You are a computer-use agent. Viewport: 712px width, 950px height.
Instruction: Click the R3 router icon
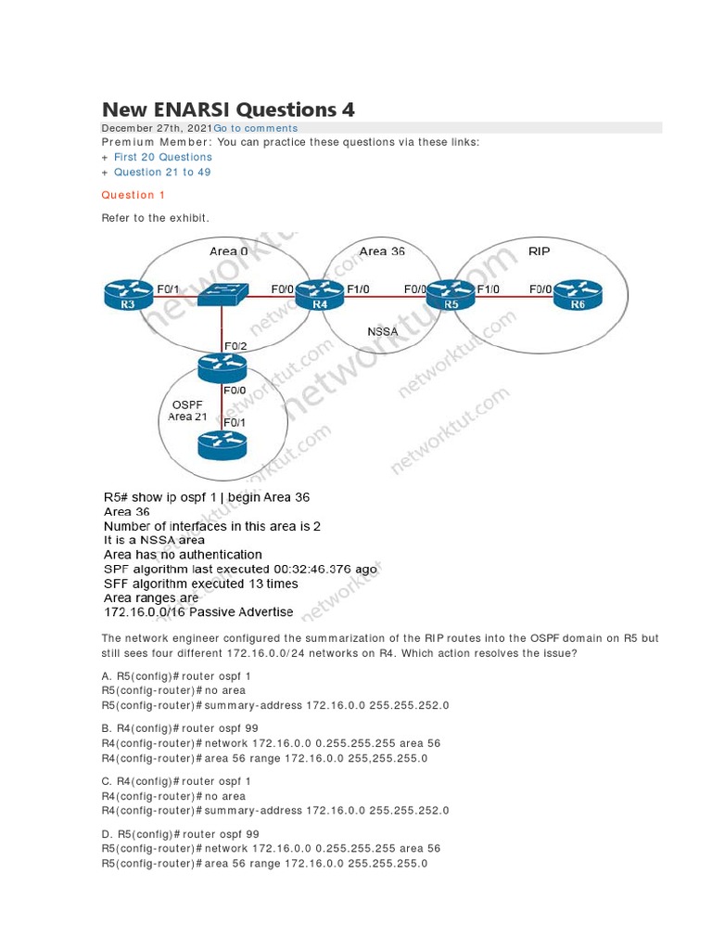click(x=127, y=294)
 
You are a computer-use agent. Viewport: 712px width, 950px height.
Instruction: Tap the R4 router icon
click(x=319, y=294)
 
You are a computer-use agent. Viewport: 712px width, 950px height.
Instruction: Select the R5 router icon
click(x=451, y=294)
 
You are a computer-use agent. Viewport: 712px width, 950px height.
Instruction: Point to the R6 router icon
click(x=578, y=294)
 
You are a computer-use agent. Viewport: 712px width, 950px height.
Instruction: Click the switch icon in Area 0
click(x=222, y=293)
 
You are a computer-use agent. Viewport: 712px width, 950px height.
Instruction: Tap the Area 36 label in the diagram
click(x=381, y=251)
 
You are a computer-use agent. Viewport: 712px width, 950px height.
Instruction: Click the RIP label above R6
click(x=539, y=250)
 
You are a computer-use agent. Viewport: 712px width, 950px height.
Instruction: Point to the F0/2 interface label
click(x=235, y=346)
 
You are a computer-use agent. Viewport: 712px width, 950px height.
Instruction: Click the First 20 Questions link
click(x=162, y=157)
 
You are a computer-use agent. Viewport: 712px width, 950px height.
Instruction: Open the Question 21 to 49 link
click(x=162, y=172)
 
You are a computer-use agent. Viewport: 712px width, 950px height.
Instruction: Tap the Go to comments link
click(x=256, y=128)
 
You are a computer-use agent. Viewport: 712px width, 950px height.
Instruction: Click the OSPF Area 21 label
click(x=187, y=411)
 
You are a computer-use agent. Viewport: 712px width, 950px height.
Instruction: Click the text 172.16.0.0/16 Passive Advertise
click(x=198, y=612)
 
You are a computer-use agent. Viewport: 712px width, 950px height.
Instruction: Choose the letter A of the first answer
click(x=105, y=675)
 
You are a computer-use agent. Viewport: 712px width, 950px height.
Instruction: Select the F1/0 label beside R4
click(x=357, y=289)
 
